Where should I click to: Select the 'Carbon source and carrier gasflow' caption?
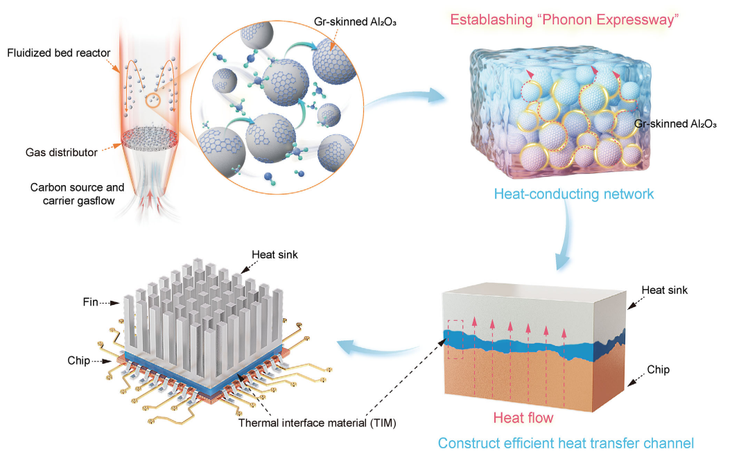pos(77,193)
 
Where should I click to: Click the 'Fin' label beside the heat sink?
pos(91,303)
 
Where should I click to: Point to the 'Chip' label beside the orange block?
pos(658,370)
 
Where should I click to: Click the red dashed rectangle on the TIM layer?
pos(454,339)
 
